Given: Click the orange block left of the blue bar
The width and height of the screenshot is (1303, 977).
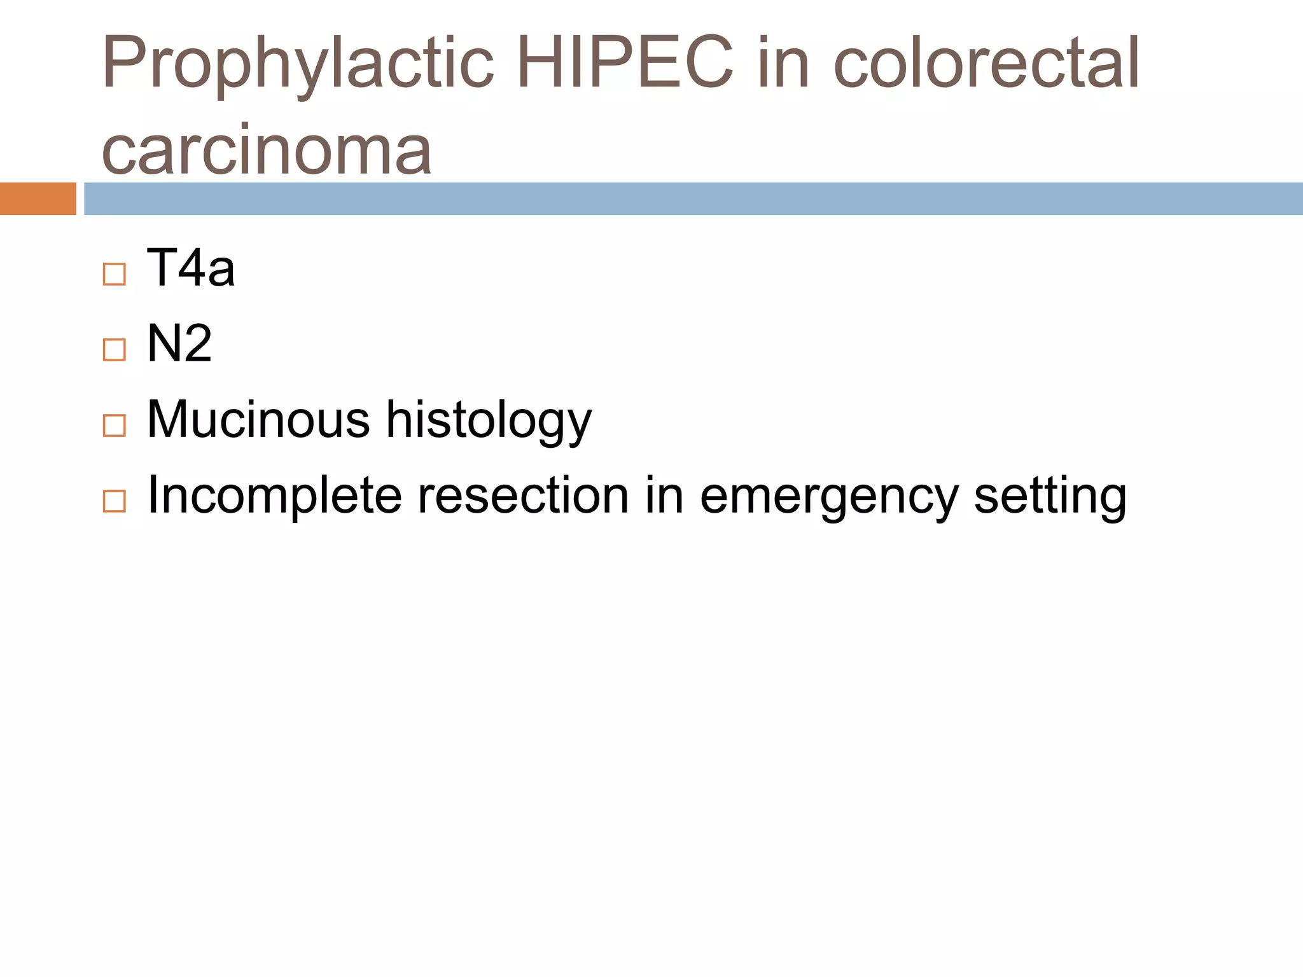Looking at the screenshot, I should coord(38,198).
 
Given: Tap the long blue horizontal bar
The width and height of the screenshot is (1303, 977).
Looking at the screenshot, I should coord(693,198).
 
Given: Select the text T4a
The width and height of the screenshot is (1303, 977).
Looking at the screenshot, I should coord(191,268).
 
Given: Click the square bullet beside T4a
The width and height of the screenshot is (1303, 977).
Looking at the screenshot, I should coord(115,275).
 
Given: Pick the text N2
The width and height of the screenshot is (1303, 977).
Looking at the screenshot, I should coord(179,343).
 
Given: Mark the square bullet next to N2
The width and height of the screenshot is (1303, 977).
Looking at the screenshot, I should coord(115,350).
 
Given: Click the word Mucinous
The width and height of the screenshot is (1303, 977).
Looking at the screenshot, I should coord(258,419).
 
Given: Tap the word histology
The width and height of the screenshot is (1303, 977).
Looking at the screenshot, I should coord(489,421).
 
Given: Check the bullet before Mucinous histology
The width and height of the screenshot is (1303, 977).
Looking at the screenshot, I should coord(115,426).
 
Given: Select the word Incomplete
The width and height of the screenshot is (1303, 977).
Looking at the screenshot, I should coord(274,496).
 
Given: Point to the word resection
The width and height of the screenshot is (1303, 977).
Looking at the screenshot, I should coord(522,495).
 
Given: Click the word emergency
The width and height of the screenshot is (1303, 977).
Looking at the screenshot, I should coord(828,497).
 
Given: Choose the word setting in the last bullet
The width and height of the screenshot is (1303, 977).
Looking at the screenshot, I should coord(1050,497).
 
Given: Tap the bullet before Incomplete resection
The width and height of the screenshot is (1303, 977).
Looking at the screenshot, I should coord(115,501).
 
